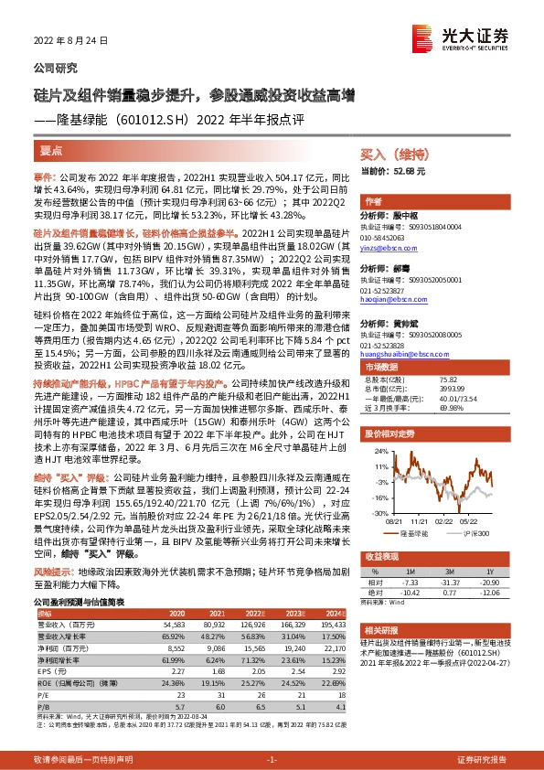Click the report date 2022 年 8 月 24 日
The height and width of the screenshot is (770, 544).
pyautogui.click(x=69, y=41)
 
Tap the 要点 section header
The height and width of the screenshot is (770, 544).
pyautogui.click(x=52, y=149)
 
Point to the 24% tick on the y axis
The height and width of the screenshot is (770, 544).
pyautogui.click(x=377, y=450)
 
